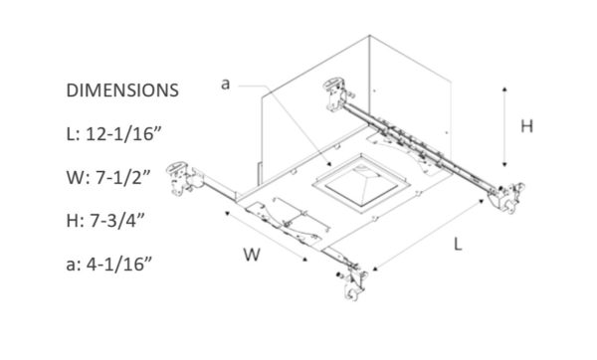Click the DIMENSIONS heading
(x=122, y=90)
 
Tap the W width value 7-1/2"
(x=123, y=177)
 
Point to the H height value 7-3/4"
(x=117, y=221)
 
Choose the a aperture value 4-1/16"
(x=119, y=264)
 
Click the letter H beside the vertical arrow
(x=526, y=126)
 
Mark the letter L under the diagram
(x=458, y=244)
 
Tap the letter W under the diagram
(x=252, y=255)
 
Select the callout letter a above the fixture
(x=226, y=85)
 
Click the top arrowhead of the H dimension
(x=504, y=90)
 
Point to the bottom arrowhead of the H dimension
(x=504, y=164)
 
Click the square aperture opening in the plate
(x=361, y=183)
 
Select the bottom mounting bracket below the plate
(x=353, y=282)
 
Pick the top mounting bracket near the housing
(x=337, y=93)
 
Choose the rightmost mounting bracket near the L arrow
(x=506, y=197)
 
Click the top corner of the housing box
(x=369, y=36)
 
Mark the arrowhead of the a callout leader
(x=329, y=164)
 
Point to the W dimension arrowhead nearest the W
(x=304, y=260)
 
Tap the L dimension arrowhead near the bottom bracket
(x=375, y=270)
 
